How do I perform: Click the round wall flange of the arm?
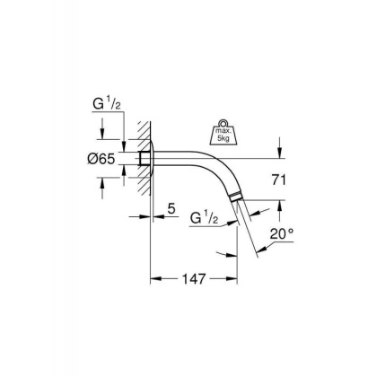tap(152, 159)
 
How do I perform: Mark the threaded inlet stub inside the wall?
tap(145, 159)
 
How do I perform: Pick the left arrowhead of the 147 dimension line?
tap(153, 279)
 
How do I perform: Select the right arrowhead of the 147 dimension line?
tap(237, 279)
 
